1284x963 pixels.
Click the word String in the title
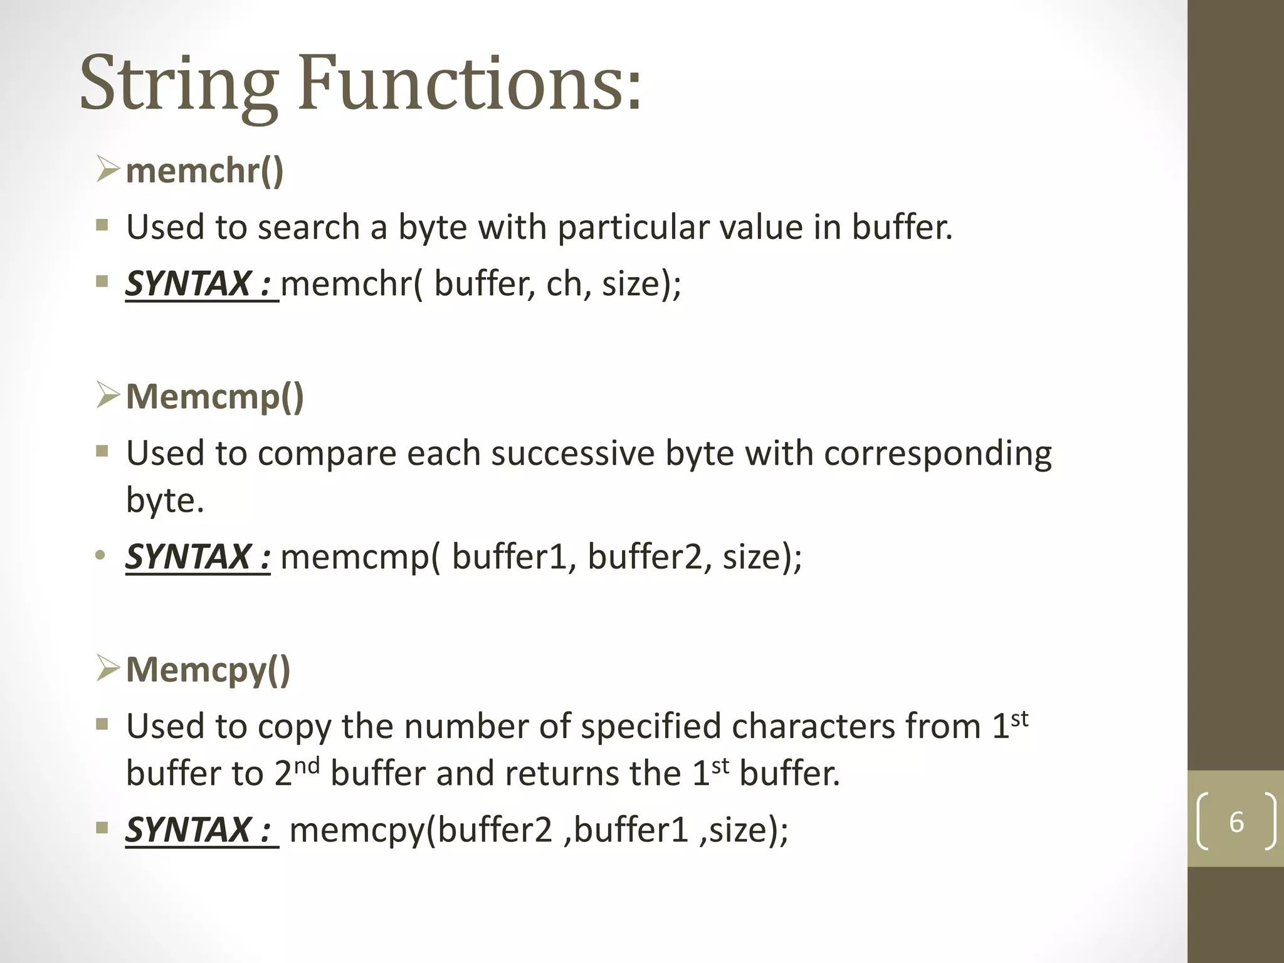click(179, 85)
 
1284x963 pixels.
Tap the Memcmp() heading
click(215, 397)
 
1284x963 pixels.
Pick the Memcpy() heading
click(208, 670)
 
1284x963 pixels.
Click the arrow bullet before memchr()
click(108, 170)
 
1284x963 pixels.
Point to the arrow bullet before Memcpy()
click(108, 669)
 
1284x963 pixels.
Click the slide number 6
click(1236, 822)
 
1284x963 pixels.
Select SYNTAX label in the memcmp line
click(198, 557)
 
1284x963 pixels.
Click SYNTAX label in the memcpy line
click(199, 829)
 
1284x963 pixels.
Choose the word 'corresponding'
click(938, 455)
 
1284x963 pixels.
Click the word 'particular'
click(633, 227)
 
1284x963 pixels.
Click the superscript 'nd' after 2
click(307, 766)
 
